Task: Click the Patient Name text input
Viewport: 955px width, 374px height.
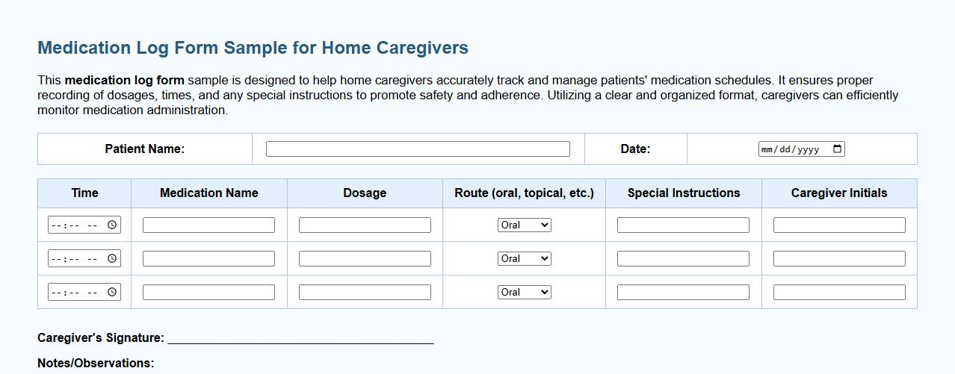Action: (x=418, y=149)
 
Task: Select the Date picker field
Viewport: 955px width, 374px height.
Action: (x=792, y=149)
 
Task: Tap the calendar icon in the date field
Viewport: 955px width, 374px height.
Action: (x=838, y=149)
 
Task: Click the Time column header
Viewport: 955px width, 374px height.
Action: (x=84, y=193)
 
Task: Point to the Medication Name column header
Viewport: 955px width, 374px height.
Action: (x=208, y=193)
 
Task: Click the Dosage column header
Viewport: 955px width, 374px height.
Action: (x=365, y=193)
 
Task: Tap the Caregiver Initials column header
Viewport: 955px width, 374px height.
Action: (x=839, y=193)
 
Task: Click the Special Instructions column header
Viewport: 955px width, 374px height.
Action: (x=684, y=193)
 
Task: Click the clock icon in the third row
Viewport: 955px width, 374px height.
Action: (x=112, y=292)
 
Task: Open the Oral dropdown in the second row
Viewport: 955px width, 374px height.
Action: (x=525, y=258)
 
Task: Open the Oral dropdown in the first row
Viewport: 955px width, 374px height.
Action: (x=525, y=225)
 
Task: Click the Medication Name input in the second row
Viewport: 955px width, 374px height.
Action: (x=208, y=258)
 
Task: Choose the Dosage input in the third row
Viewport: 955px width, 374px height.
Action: (x=365, y=292)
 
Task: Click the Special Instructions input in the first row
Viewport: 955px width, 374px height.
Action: (x=683, y=225)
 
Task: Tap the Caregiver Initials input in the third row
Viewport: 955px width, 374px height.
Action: (x=839, y=292)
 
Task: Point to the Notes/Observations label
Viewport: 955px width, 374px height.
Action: (x=96, y=363)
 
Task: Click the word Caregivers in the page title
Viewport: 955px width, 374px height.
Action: (x=422, y=48)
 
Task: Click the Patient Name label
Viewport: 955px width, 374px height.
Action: (x=144, y=149)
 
